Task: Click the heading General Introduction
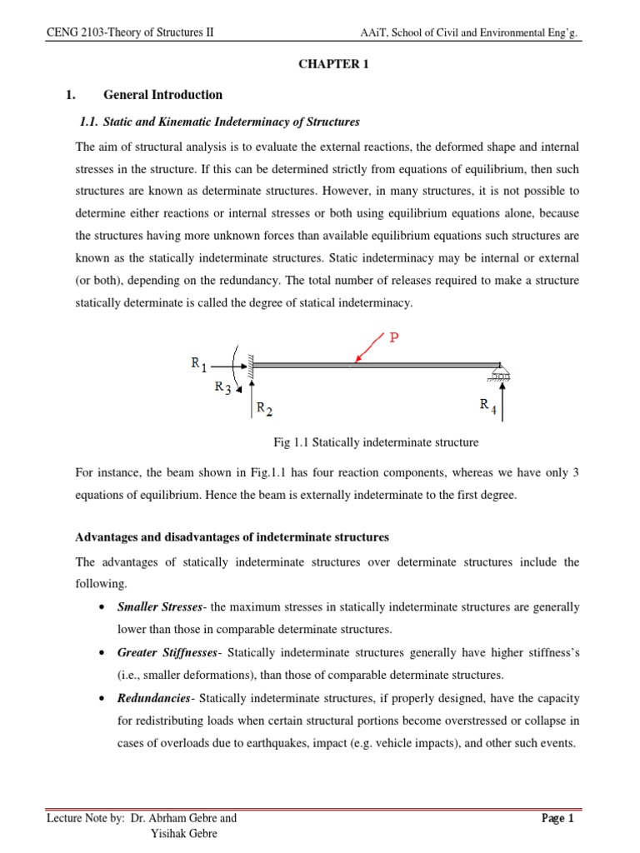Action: [x=162, y=95]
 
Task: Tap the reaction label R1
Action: [x=199, y=363]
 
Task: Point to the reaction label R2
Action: [x=263, y=408]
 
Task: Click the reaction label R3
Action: [x=223, y=387]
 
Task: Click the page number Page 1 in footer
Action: [x=558, y=818]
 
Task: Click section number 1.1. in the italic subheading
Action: [x=88, y=122]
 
